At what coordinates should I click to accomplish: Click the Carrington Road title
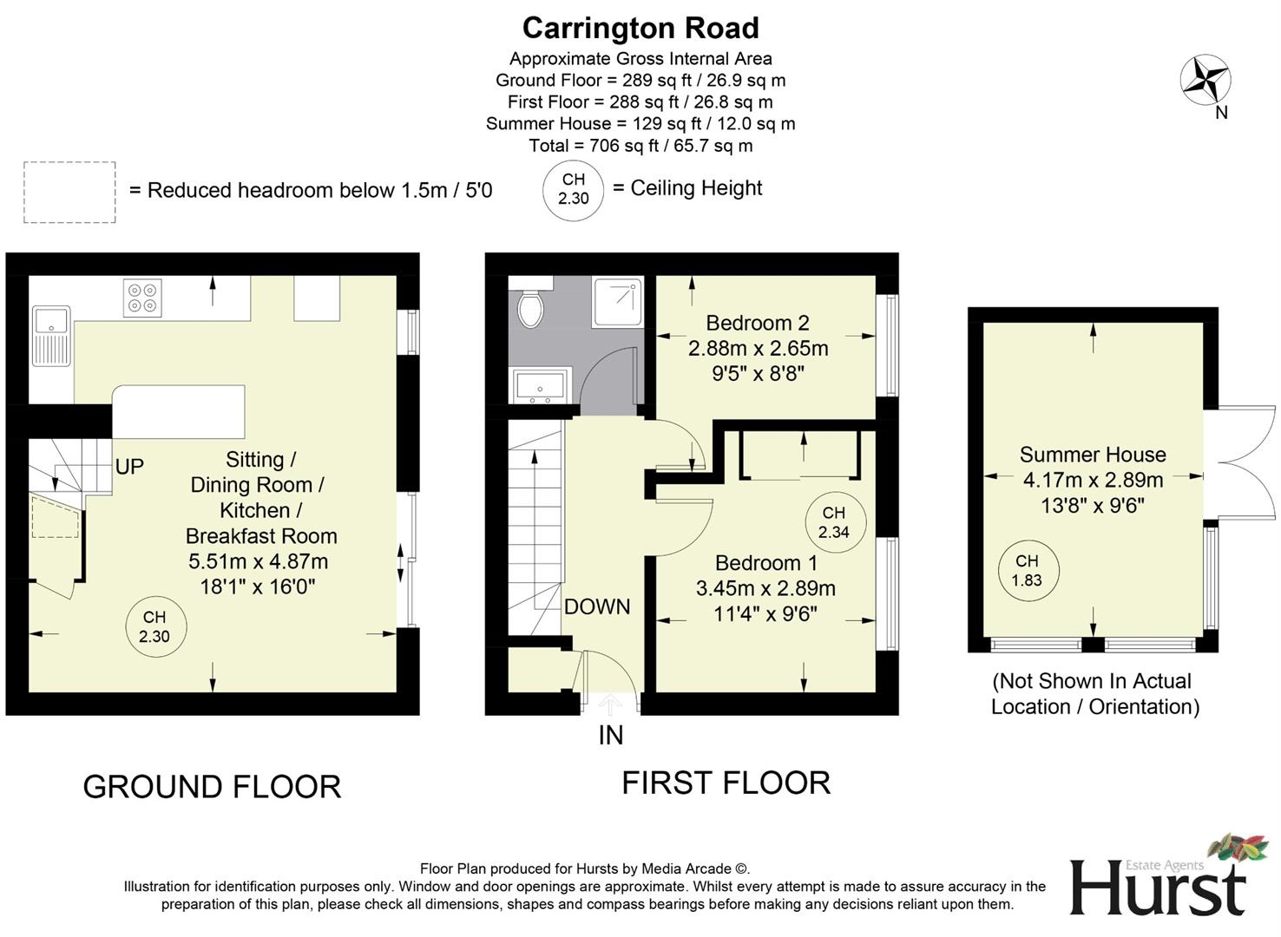tap(640, 29)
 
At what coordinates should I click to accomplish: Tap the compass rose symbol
tap(1205, 80)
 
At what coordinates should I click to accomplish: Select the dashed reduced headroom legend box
tap(69, 193)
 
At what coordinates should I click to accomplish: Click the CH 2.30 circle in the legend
tap(573, 189)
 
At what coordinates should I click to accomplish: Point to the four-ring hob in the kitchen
tap(142, 297)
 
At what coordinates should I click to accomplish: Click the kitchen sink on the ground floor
tap(51, 336)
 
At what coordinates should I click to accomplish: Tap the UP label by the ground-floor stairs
tap(129, 467)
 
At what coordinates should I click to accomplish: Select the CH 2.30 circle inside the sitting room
tap(154, 626)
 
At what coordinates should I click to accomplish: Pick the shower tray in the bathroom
tap(617, 302)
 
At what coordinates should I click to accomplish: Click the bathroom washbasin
tap(540, 385)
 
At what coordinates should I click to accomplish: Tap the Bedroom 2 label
tap(757, 323)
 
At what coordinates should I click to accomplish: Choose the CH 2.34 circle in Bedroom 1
tap(833, 522)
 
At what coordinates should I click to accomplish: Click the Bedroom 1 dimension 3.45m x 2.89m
tap(765, 588)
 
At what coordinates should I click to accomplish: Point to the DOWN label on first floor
tap(597, 606)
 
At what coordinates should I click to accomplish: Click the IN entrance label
tap(610, 735)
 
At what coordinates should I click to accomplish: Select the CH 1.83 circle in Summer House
tap(1027, 571)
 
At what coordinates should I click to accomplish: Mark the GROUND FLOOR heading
tap(212, 787)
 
